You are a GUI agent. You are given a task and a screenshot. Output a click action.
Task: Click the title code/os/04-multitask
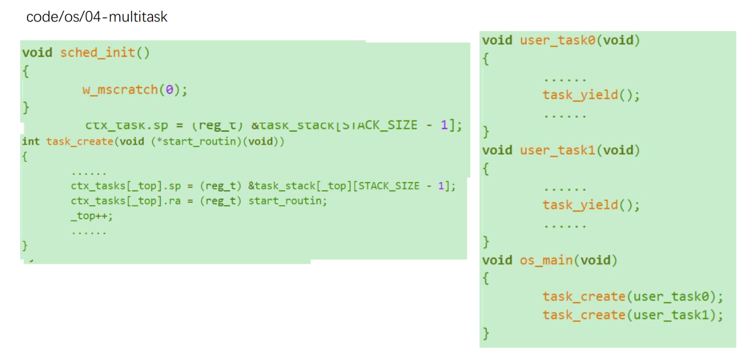point(97,17)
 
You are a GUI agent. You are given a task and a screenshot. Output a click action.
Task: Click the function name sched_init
point(98,53)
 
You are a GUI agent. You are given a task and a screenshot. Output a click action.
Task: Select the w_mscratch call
point(121,90)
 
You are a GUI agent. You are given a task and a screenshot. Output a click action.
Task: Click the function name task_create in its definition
point(79,142)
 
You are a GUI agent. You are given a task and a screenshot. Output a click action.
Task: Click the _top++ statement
point(92,216)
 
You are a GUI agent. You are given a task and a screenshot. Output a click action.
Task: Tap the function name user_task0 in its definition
point(558,40)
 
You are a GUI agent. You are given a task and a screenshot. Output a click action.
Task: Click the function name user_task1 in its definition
point(558,151)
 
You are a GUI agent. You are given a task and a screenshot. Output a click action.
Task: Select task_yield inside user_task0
point(580,95)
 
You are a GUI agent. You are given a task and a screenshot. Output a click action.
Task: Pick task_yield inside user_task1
point(580,205)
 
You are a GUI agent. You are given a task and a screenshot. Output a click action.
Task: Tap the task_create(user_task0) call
point(632,297)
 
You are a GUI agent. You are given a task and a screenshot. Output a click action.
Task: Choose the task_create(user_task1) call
point(632,315)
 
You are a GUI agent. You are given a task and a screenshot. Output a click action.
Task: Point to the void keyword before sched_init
point(37,53)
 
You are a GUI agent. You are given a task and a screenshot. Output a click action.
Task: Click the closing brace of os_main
point(485,332)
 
